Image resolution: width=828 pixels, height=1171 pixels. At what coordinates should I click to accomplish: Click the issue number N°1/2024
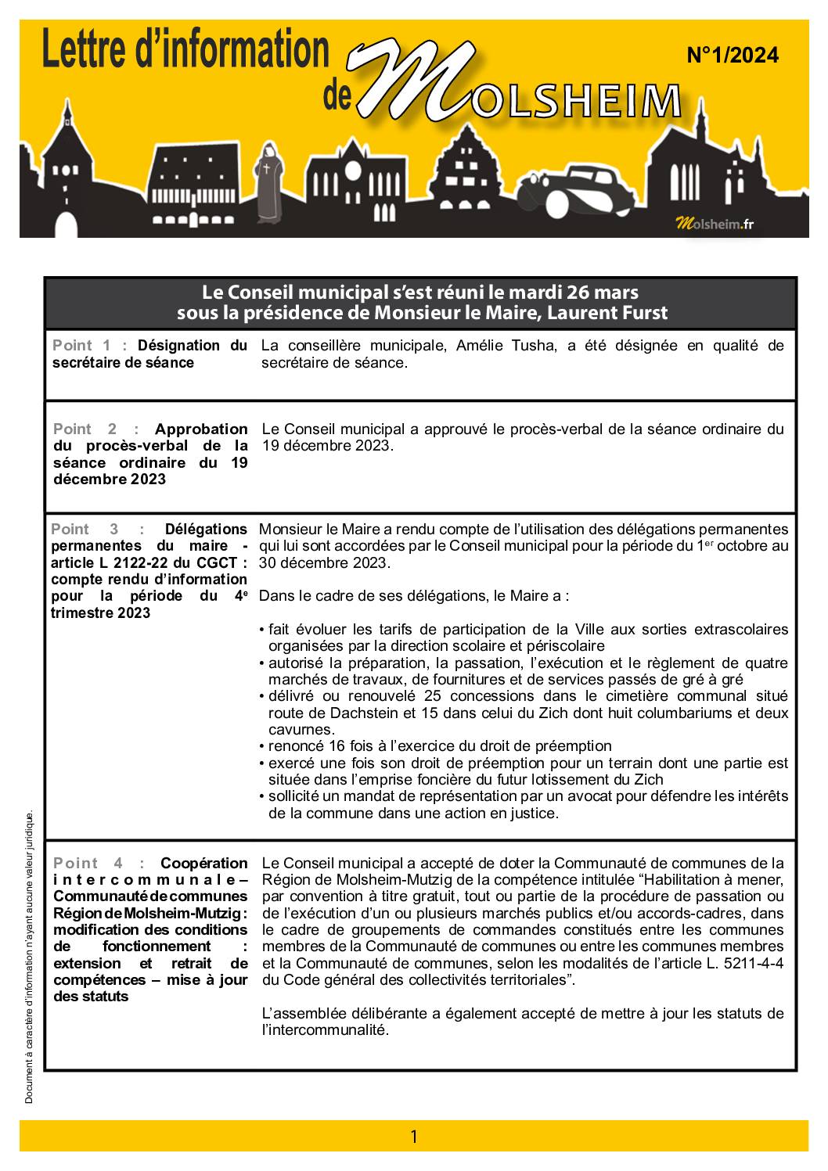click(732, 56)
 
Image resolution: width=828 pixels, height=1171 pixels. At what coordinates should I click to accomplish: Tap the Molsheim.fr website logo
click(715, 224)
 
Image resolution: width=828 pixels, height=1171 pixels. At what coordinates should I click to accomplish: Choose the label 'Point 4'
click(86, 864)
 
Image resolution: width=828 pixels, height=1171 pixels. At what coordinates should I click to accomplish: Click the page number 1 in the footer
click(414, 1137)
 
